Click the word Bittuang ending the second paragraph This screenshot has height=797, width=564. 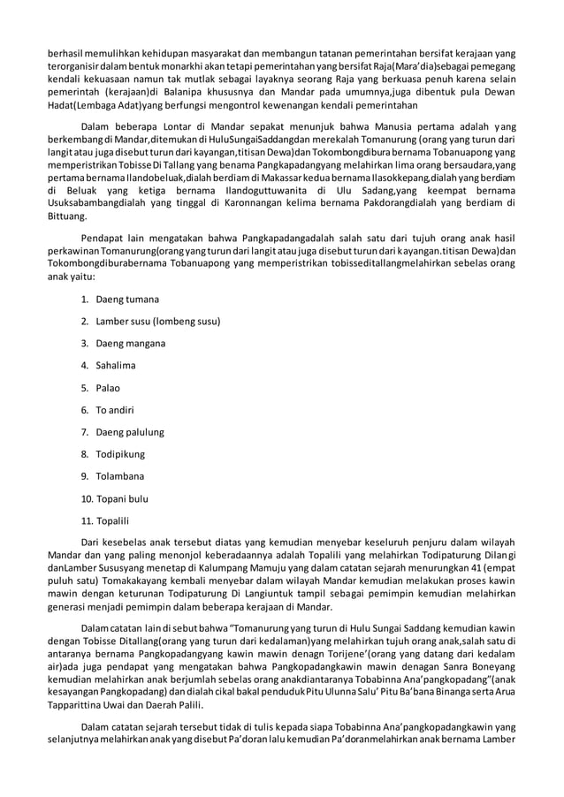point(67,215)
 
